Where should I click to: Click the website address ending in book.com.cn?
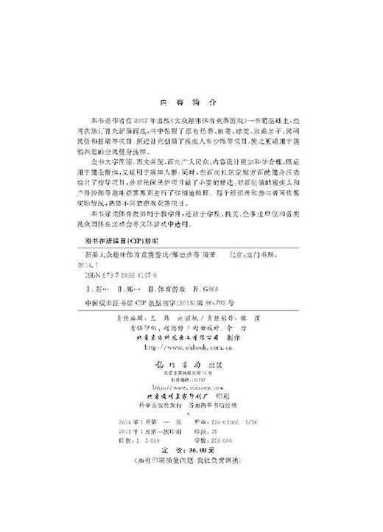click(x=189, y=346)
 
